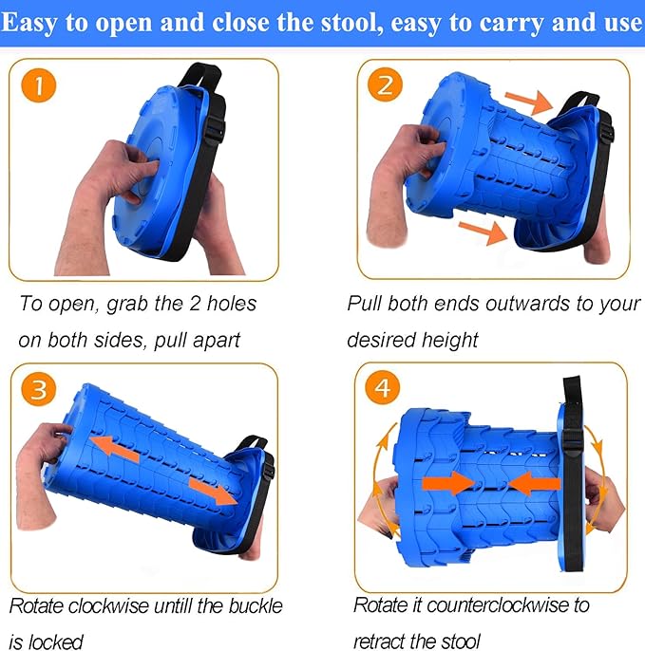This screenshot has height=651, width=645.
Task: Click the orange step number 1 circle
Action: coord(39,85)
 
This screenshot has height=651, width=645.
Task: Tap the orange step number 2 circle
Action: coord(385,84)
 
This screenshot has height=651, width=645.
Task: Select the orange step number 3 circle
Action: coord(39,389)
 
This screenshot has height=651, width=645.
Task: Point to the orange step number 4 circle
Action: coord(382,387)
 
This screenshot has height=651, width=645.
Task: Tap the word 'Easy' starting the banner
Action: coord(29,24)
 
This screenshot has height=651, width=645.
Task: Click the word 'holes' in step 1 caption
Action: coord(232,304)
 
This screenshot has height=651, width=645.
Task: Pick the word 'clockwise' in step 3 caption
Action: coord(109,606)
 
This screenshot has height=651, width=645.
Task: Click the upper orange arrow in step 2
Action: coord(529,102)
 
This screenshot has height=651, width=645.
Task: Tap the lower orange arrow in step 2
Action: coord(483,232)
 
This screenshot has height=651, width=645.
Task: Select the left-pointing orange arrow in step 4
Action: coord(535,484)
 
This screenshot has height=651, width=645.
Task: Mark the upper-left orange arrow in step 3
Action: coord(115,449)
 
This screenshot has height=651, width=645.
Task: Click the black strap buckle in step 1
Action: coord(215,128)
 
